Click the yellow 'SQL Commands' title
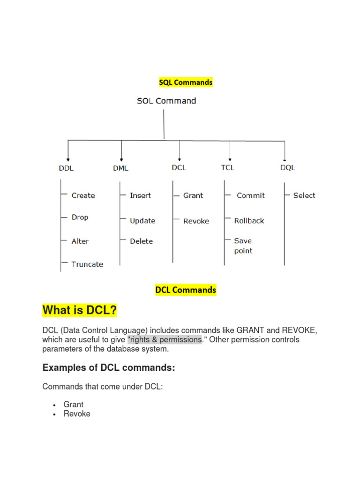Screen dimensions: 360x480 coord(186,82)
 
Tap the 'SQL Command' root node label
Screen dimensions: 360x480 coord(166,101)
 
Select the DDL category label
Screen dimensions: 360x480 coord(66,168)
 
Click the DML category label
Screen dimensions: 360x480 coord(120,168)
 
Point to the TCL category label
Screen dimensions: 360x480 coord(227,167)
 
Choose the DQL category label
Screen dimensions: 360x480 coord(287,168)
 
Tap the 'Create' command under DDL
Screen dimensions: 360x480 coord(83,195)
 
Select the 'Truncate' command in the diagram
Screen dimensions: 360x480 coord(87,264)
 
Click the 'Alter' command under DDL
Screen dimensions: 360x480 coord(80,241)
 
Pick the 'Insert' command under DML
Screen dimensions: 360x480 coord(140,195)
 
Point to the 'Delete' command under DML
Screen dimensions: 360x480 coord(141,241)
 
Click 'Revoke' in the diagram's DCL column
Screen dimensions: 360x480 coord(196,221)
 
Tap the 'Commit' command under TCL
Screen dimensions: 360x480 coord(251,195)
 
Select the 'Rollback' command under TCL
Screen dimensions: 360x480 coord(249,221)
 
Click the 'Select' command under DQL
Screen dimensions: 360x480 coord(304,195)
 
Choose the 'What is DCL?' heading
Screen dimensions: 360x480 coord(80,310)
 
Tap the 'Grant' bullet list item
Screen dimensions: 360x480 coord(74,404)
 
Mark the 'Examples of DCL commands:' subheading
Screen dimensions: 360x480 coord(109,368)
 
